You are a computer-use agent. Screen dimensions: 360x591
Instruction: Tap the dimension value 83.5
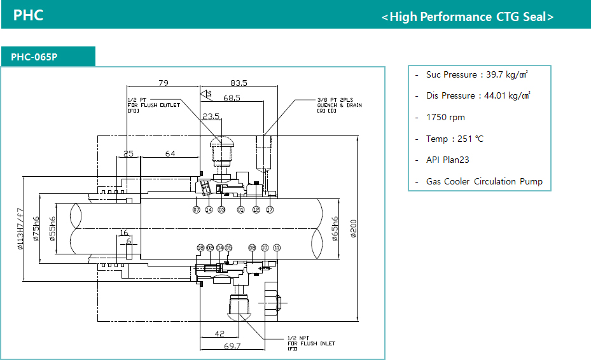click(239, 83)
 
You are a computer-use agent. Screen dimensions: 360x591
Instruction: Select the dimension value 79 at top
click(163, 83)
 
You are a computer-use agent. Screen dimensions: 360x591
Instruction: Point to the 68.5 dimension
click(232, 98)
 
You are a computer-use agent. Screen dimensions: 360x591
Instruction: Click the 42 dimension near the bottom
click(219, 333)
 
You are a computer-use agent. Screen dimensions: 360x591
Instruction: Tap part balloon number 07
click(197, 209)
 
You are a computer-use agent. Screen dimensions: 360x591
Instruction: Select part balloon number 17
click(270, 209)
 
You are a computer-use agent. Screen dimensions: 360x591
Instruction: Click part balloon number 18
click(200, 247)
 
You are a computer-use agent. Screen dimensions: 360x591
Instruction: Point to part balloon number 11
click(277, 247)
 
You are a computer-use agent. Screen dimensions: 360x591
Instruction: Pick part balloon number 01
click(240, 209)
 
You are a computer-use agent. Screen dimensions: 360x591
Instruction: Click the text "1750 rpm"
click(445, 118)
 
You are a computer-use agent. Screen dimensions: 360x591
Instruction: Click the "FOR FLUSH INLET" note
click(311, 343)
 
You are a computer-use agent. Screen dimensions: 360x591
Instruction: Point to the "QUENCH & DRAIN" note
click(339, 105)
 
